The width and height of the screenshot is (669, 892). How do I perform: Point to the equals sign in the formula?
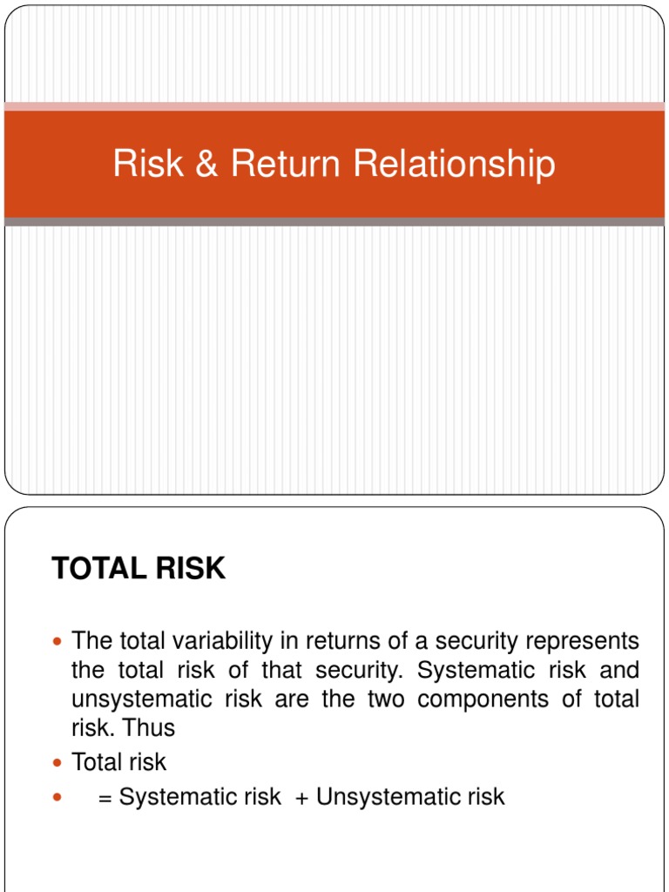point(105,797)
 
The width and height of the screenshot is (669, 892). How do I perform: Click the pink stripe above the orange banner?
point(334,106)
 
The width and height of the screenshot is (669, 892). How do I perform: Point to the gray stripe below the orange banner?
point(334,222)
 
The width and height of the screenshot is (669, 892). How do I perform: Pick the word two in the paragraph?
point(379,699)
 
